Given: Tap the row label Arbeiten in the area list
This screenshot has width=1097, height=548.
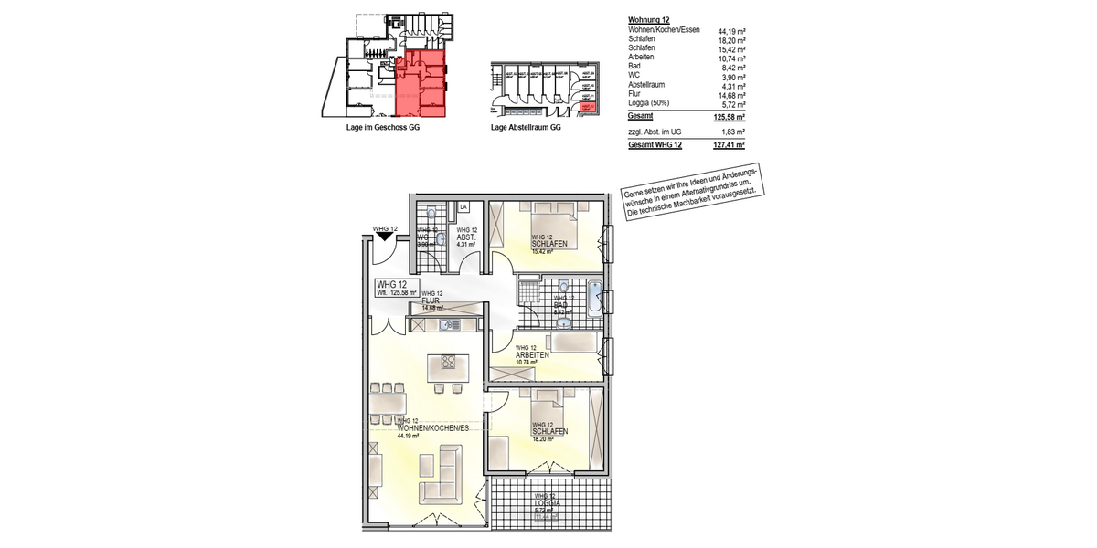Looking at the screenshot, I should [644, 58].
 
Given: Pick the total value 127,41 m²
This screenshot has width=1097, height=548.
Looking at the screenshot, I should [728, 145].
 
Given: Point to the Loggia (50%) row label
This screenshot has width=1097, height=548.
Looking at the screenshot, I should [653, 104].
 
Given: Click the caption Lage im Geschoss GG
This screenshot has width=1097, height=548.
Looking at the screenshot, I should [383, 128].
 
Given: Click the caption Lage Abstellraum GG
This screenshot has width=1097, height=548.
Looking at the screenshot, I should [526, 128].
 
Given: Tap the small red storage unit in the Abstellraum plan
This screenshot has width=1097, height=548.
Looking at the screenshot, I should [589, 108].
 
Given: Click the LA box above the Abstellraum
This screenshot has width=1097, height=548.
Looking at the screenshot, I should [463, 207].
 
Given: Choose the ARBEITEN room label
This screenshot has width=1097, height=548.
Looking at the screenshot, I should [532, 355].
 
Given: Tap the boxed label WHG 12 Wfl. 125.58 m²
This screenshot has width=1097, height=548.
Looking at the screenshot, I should [396, 290].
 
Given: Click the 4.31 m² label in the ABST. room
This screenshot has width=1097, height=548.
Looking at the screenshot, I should [466, 245].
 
